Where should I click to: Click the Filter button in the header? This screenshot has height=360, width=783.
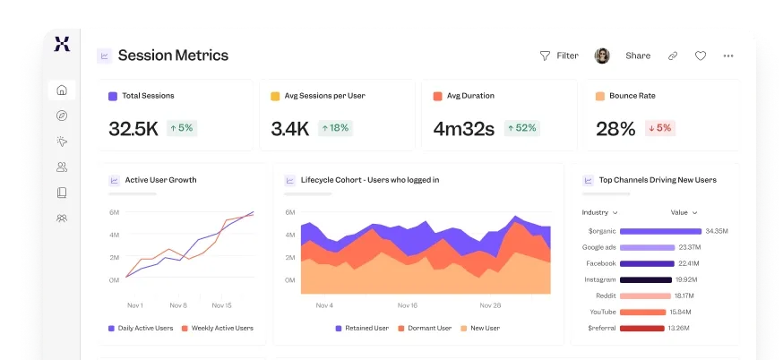(559, 56)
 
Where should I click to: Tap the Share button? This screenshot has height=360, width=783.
(637, 56)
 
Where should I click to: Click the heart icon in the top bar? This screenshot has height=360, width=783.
(701, 56)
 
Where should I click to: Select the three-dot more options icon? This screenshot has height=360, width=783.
(728, 56)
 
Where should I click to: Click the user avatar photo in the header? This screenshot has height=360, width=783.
(602, 56)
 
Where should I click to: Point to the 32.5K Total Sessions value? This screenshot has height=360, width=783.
(133, 129)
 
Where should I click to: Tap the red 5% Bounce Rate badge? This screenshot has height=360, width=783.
(659, 128)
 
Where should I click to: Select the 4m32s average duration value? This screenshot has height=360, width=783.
(463, 129)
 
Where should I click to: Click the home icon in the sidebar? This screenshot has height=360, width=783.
(62, 90)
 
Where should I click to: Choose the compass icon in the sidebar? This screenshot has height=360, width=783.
(62, 116)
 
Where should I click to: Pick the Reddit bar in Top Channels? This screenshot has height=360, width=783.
(645, 296)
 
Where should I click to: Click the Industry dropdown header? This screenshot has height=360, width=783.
(600, 213)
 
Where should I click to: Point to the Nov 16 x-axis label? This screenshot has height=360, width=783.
(408, 305)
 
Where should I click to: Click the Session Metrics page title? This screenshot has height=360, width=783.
(173, 56)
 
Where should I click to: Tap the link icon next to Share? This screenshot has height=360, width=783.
(673, 56)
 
